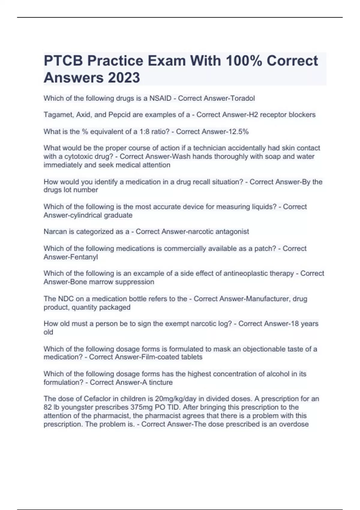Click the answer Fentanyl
tap(84, 257)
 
